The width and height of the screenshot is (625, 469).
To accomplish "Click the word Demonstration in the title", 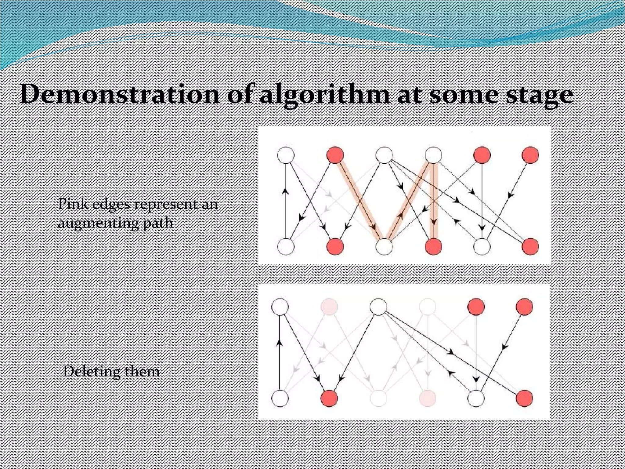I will pyautogui.click(x=119, y=95).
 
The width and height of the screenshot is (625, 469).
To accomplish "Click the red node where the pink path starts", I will pyautogui.click(x=335, y=155).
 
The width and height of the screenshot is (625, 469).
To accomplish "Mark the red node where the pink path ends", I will pyautogui.click(x=433, y=246).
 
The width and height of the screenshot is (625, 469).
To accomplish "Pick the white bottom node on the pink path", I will pyautogui.click(x=384, y=246).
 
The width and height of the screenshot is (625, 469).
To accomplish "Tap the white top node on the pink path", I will pyautogui.click(x=433, y=155).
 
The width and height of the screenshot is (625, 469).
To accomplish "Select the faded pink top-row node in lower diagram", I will pyautogui.click(x=329, y=306).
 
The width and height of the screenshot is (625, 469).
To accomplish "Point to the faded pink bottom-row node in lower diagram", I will pyautogui.click(x=428, y=398).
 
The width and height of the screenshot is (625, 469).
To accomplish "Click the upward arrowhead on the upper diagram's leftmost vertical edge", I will pyautogui.click(x=286, y=191).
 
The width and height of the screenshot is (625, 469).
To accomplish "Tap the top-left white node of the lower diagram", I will pyautogui.click(x=280, y=306).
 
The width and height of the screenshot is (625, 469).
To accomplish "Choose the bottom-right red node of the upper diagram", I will pyautogui.click(x=530, y=246).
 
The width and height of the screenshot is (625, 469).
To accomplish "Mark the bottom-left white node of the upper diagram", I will pyautogui.click(x=286, y=246).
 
